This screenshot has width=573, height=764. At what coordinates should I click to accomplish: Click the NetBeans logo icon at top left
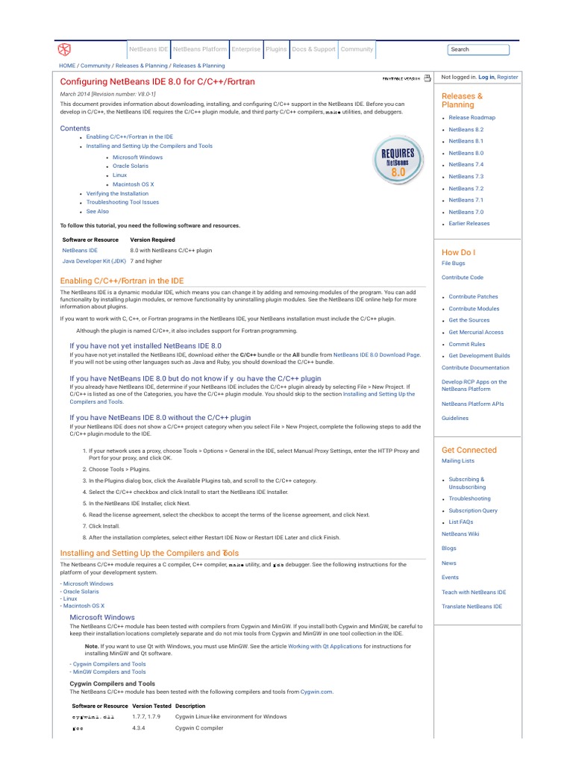point(65,50)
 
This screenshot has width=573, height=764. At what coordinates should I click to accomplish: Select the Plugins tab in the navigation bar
point(276,49)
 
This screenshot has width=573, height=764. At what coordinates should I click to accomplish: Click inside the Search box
point(478,49)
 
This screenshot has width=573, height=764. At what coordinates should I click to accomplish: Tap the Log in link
point(486,77)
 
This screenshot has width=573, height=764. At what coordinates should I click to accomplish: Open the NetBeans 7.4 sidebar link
point(466,164)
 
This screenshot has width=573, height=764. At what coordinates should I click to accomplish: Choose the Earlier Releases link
point(469,223)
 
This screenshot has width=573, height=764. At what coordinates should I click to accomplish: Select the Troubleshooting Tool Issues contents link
point(122,202)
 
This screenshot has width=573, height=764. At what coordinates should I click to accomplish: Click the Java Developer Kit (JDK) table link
point(93,262)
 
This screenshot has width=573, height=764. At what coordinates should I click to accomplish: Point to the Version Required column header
point(152,239)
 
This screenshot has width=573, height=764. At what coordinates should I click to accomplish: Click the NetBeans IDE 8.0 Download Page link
point(377,355)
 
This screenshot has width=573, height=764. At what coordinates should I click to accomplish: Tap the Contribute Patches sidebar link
point(473,296)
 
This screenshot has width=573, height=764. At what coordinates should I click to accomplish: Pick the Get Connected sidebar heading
point(469,450)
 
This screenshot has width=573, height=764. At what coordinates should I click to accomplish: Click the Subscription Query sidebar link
point(473,510)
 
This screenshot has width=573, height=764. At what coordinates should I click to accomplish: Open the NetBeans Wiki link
point(460,533)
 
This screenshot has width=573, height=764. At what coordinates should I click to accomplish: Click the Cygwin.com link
point(316,692)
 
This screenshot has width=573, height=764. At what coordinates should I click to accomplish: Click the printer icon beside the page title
point(428,78)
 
